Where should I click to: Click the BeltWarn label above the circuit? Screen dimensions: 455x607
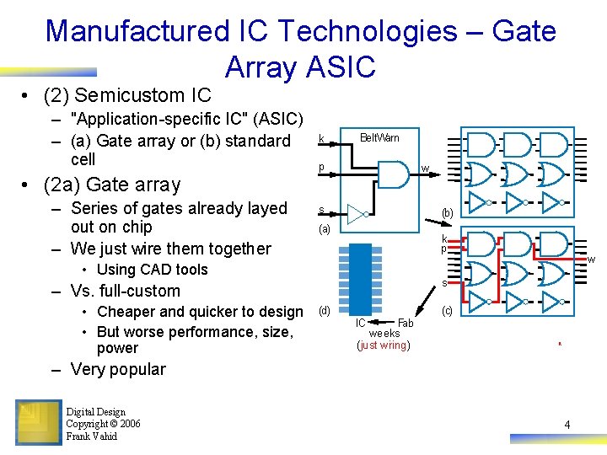379,137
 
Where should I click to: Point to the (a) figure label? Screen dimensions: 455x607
325,229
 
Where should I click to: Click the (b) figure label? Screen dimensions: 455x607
447,213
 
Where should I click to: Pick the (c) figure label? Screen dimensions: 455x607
447,310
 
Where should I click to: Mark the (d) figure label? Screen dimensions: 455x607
325,310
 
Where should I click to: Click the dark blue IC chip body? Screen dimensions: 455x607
360,279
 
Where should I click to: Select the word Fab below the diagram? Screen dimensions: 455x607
406,323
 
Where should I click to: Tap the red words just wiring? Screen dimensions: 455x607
384,345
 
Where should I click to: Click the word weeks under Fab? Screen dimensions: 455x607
384,334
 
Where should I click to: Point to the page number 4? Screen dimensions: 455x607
567,425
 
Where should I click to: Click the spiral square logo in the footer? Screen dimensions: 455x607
39,422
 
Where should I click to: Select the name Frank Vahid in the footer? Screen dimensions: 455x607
92,436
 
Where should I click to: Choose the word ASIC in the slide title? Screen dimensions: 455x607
343,67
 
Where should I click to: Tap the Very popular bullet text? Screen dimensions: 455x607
119,369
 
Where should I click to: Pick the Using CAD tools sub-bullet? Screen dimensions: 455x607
152,270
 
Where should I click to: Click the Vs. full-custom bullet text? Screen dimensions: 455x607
126,291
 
